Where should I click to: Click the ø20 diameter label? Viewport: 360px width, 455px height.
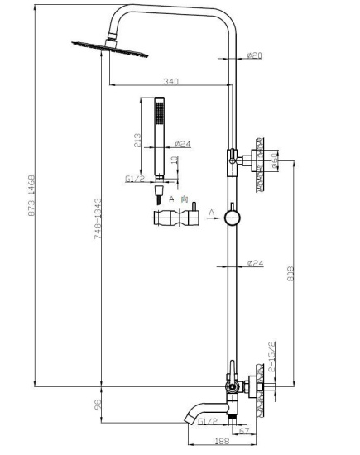tap(256, 55)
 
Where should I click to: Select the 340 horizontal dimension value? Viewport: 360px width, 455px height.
tap(171, 81)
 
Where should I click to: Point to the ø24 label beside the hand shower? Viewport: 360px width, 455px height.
tap(183, 144)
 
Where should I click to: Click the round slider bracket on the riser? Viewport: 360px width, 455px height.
tap(233, 218)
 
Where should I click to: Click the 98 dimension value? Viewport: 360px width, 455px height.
tap(98, 405)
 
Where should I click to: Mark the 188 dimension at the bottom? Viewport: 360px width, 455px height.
tap(222, 443)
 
